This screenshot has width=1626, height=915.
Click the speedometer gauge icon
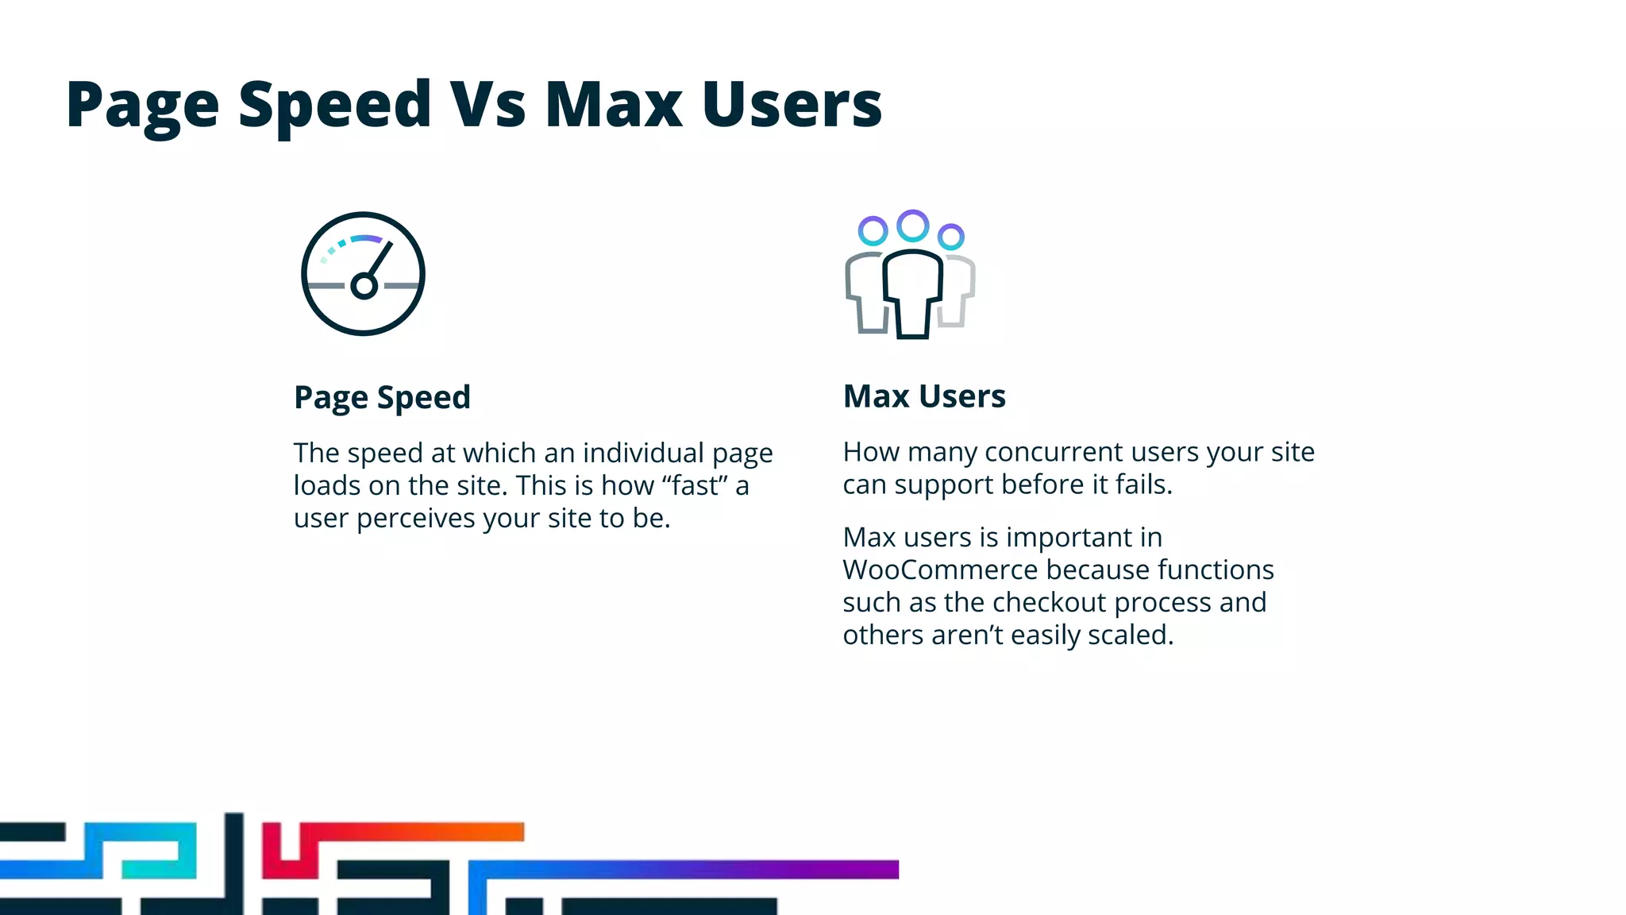click(x=363, y=273)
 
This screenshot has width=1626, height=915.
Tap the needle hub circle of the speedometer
click(x=364, y=286)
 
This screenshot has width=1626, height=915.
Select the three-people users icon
click(x=911, y=274)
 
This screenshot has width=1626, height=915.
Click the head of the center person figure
click(x=913, y=226)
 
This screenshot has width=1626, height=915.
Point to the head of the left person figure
click(x=873, y=231)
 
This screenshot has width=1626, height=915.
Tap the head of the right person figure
click(x=950, y=236)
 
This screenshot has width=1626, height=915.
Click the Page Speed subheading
click(x=382, y=397)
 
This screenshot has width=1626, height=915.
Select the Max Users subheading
click(x=924, y=396)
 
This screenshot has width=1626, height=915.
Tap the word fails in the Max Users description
click(x=1143, y=485)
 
